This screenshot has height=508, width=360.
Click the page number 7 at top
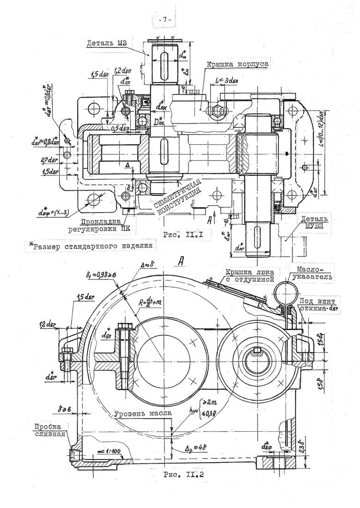point(165,20)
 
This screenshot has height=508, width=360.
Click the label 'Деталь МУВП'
point(314,222)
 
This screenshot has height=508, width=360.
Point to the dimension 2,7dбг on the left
point(49,160)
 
